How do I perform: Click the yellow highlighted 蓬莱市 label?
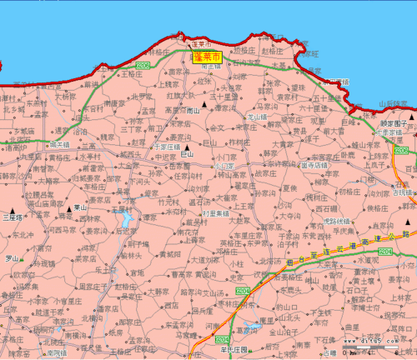pyautogui.click(x=207, y=57)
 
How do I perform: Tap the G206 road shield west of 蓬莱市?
pyautogui.click(x=143, y=64)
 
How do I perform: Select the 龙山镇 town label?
pyautogui.click(x=256, y=118)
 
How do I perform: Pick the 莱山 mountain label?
pyautogui.click(x=80, y=209)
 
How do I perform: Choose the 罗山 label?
pyautogui.click(x=11, y=258)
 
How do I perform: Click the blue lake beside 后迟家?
pyautogui.click(x=125, y=220)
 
